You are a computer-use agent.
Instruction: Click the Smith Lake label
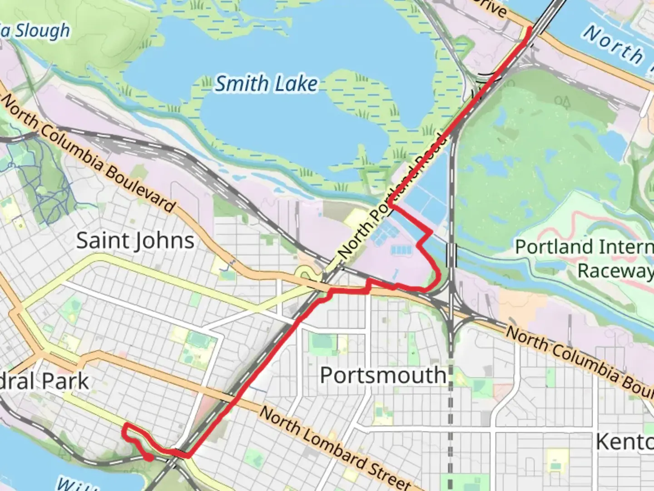[266, 84]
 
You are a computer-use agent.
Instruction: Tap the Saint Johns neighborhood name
[135, 240]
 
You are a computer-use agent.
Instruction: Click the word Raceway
[615, 271]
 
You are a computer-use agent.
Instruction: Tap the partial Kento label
[624, 441]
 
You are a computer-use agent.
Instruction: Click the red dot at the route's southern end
[149, 458]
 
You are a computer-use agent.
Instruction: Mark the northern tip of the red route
[529, 29]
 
